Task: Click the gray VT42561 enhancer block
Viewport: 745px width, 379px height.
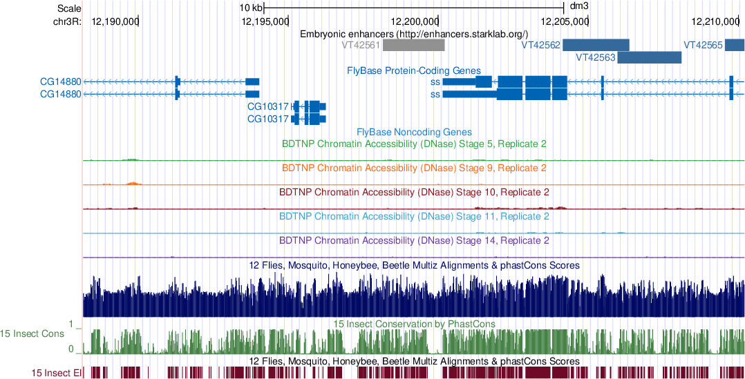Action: [x=414, y=45]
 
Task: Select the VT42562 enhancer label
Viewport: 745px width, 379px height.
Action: [x=540, y=45]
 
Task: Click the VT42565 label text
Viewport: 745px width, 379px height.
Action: [x=703, y=45]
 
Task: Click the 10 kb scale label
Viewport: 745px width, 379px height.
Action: [x=250, y=8]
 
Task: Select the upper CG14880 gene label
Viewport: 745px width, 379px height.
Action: [x=60, y=81]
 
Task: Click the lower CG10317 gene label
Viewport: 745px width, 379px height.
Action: [x=267, y=119]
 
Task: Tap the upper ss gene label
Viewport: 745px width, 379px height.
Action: [x=435, y=81]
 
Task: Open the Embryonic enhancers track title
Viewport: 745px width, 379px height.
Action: [x=414, y=33]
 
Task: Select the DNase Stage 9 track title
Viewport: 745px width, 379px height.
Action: [x=414, y=168]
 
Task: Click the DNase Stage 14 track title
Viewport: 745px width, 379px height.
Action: [x=414, y=240]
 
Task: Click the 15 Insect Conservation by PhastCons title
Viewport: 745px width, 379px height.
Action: [x=414, y=323]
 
